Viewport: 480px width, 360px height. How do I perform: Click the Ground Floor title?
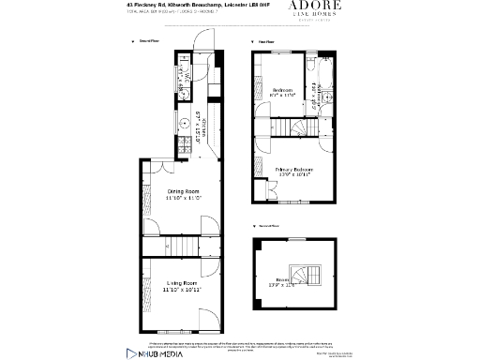(149, 42)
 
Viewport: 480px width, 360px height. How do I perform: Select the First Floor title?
(266, 42)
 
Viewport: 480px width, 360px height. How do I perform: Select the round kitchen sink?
(185, 121)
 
